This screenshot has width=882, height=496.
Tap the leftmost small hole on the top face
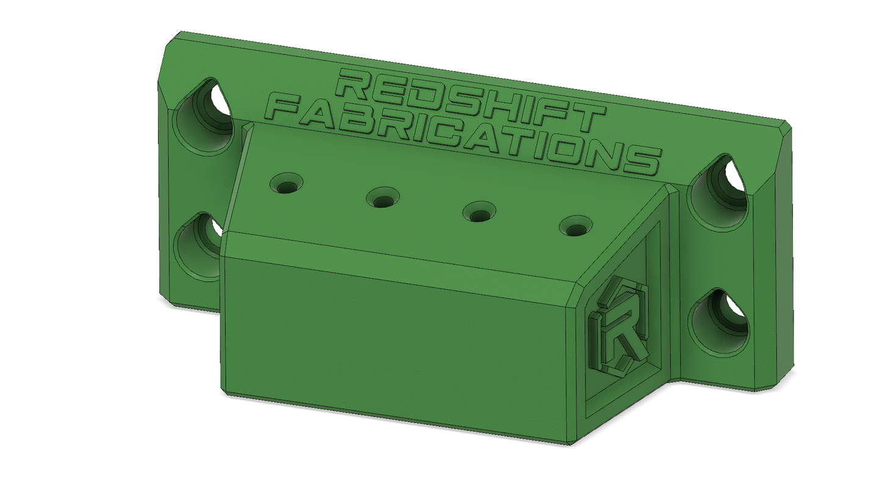coord(287,183)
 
